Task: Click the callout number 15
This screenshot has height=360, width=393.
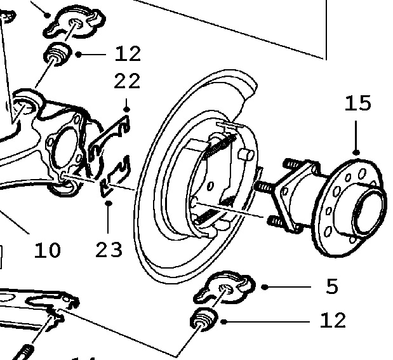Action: point(357,103)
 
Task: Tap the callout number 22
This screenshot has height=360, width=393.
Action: point(127,82)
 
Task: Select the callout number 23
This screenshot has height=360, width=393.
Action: point(109,250)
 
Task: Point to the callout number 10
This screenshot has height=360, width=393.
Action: point(47,250)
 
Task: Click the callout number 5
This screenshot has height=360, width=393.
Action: point(331,287)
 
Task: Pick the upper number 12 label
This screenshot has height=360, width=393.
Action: point(128,54)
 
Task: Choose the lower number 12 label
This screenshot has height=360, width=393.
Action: point(333,321)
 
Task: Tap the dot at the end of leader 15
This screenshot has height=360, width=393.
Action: point(356,152)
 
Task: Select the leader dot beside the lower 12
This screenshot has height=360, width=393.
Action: point(223,321)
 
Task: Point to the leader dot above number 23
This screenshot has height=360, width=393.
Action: point(109,204)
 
